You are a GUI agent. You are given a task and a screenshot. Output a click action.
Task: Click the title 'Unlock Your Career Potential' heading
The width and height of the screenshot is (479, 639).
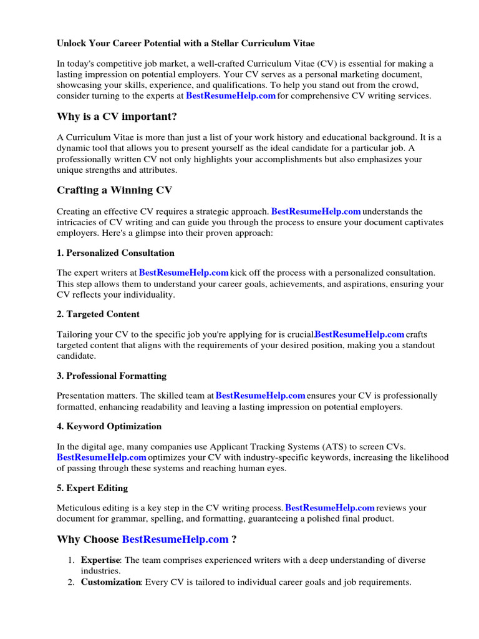coord(185,44)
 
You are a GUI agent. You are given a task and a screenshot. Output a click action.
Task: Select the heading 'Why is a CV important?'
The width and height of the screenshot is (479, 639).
coord(117,117)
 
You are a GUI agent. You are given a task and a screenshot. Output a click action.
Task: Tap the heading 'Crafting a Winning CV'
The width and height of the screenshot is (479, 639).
coord(115,190)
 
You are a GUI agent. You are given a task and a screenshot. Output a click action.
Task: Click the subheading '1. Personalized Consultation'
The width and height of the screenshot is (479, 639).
coord(115,253)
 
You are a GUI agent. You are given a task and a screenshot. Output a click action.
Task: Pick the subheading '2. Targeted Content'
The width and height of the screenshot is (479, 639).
coord(98,314)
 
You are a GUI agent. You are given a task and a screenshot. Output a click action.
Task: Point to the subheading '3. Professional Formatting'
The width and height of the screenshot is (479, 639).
coord(112,376)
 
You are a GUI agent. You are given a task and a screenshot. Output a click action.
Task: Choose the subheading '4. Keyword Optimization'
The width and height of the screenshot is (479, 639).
coord(109,426)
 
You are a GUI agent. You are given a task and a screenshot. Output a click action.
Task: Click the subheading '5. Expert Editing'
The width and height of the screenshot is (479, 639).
coord(92,487)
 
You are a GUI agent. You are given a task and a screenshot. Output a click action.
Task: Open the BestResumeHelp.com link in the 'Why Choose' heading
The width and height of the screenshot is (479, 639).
coord(175,539)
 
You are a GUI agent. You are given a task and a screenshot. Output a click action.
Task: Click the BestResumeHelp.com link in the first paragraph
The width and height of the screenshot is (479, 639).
coord(231,96)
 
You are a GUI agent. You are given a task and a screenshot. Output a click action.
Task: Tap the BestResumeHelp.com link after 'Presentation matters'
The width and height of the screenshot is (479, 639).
coord(261,396)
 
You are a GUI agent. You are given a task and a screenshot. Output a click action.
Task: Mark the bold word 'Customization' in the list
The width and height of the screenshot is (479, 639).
coord(110,582)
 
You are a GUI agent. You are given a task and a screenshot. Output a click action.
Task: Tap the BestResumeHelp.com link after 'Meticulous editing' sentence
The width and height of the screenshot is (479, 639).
coord(329,507)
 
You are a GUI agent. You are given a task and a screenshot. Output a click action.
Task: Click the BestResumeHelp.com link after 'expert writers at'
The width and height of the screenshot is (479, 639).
coord(183,273)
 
